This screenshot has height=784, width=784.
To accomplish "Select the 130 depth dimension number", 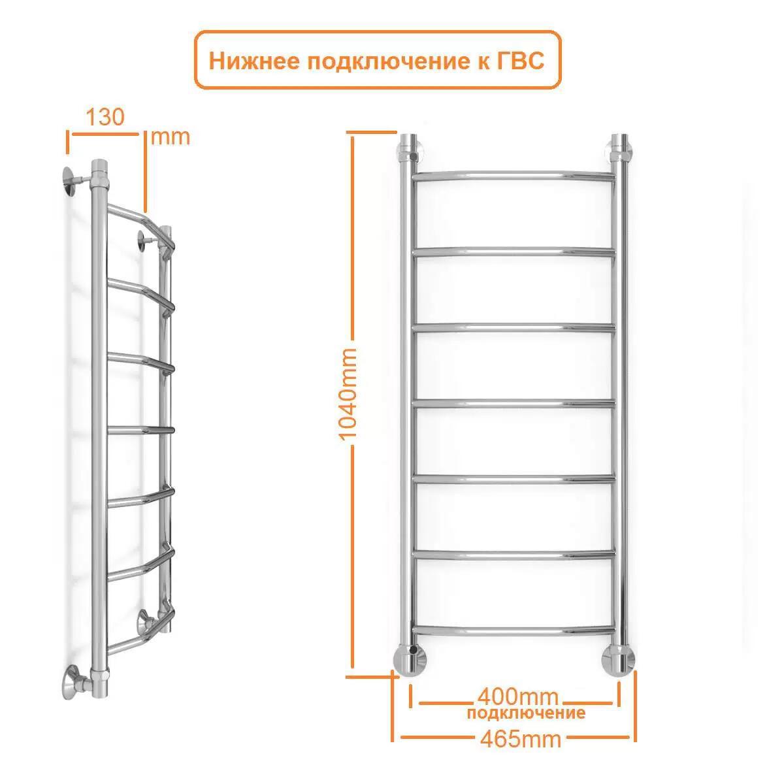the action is coord(105,117).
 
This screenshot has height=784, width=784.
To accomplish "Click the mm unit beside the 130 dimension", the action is coord(170,137).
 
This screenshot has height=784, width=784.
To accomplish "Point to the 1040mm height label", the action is coord(348,394).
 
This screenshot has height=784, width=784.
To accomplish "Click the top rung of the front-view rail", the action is coord(514,176).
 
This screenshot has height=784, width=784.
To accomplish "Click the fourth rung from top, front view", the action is coord(514,404).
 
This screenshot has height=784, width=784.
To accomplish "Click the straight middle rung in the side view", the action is coord(140,430).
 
